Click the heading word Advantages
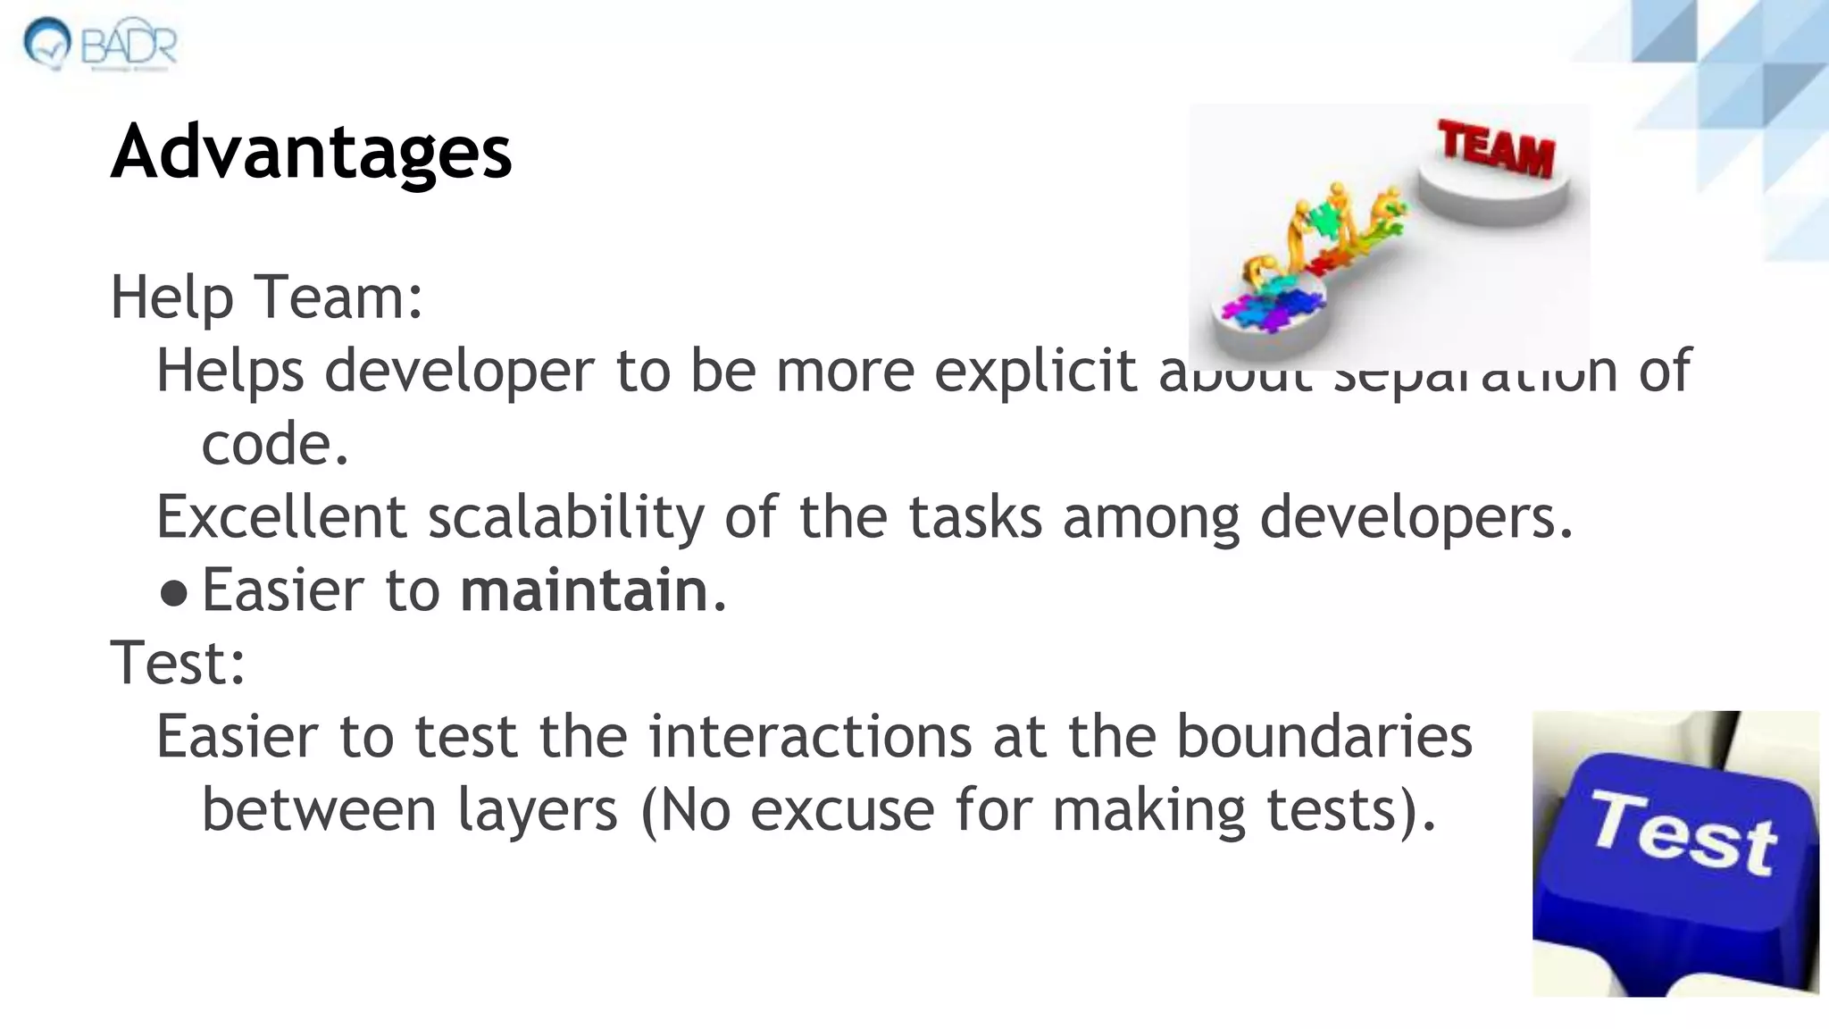pos(311,152)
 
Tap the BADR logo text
pos(129,45)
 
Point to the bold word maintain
pos(584,590)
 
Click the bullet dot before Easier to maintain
pos(174,592)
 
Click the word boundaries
pos(1324,736)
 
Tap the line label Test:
pos(178,664)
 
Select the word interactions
pos(809,736)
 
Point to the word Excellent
pos(281,517)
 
